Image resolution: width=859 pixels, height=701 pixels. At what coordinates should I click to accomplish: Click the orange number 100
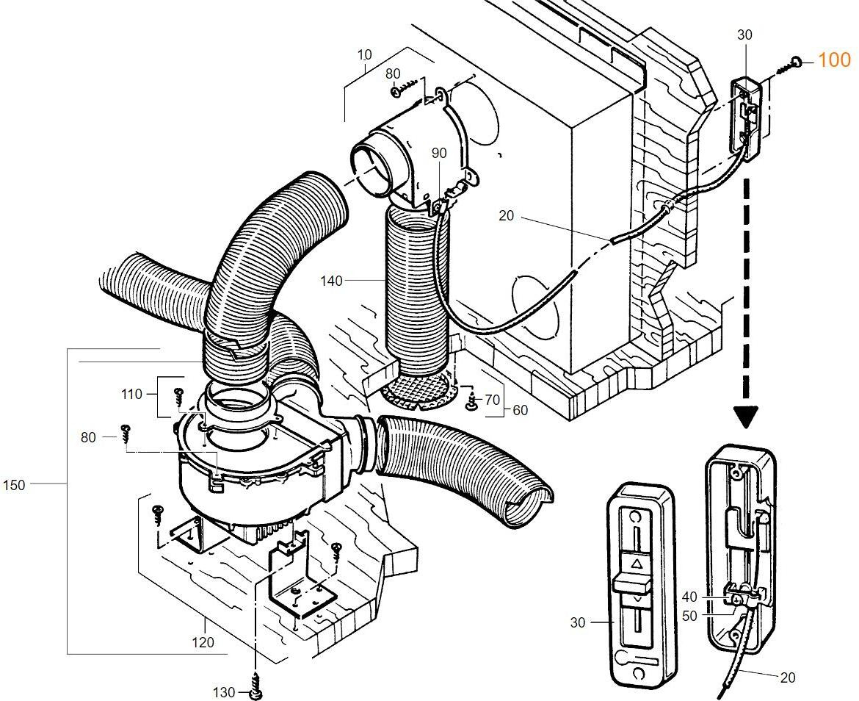pos(833,60)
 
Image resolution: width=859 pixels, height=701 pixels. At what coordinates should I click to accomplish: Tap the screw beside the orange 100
pos(791,65)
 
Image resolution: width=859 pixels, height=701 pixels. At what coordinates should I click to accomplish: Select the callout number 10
pos(365,54)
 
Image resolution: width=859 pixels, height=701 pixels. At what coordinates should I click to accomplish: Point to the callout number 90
pos(438,153)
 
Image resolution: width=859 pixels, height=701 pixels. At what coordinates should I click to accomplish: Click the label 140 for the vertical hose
pos(331,280)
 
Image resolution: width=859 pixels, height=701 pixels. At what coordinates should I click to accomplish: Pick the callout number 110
pos(131,395)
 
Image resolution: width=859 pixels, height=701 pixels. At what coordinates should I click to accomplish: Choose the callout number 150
pos(14,485)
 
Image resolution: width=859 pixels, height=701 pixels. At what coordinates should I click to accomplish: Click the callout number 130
pos(224,692)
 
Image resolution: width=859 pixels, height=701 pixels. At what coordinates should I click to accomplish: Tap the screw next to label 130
pos(255,686)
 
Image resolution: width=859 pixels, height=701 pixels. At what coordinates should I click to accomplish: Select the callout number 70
pos(492,400)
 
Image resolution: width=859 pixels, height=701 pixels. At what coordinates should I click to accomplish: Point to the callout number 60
pos(520,410)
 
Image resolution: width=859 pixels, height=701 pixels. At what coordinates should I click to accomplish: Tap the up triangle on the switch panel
pos(637,564)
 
